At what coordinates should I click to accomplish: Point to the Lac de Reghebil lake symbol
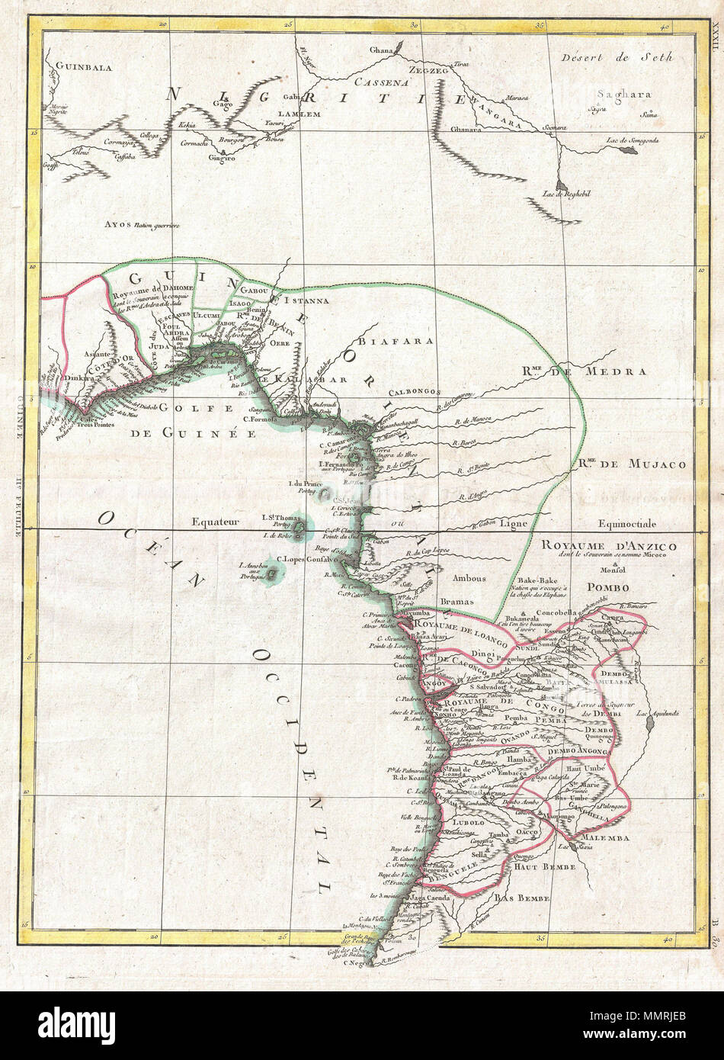(561, 185)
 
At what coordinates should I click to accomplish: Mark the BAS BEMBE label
(522, 899)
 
